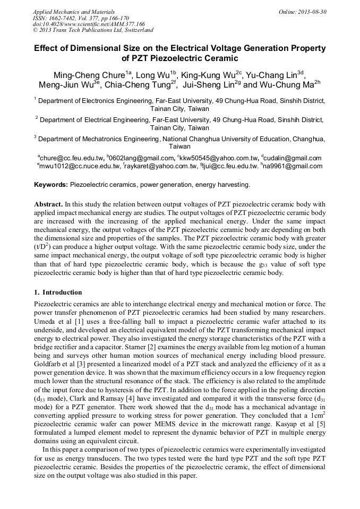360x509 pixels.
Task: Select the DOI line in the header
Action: click(89, 24)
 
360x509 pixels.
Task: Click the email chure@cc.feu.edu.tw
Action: click(72, 158)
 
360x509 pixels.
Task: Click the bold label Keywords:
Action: click(51, 185)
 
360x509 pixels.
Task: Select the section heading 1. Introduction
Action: click(58, 292)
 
